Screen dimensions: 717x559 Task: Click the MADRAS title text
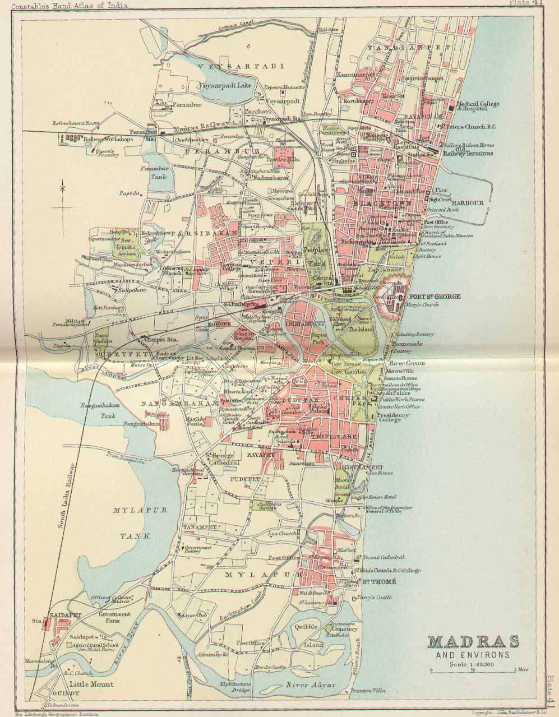(473, 641)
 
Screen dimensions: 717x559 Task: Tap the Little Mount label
(91, 684)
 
